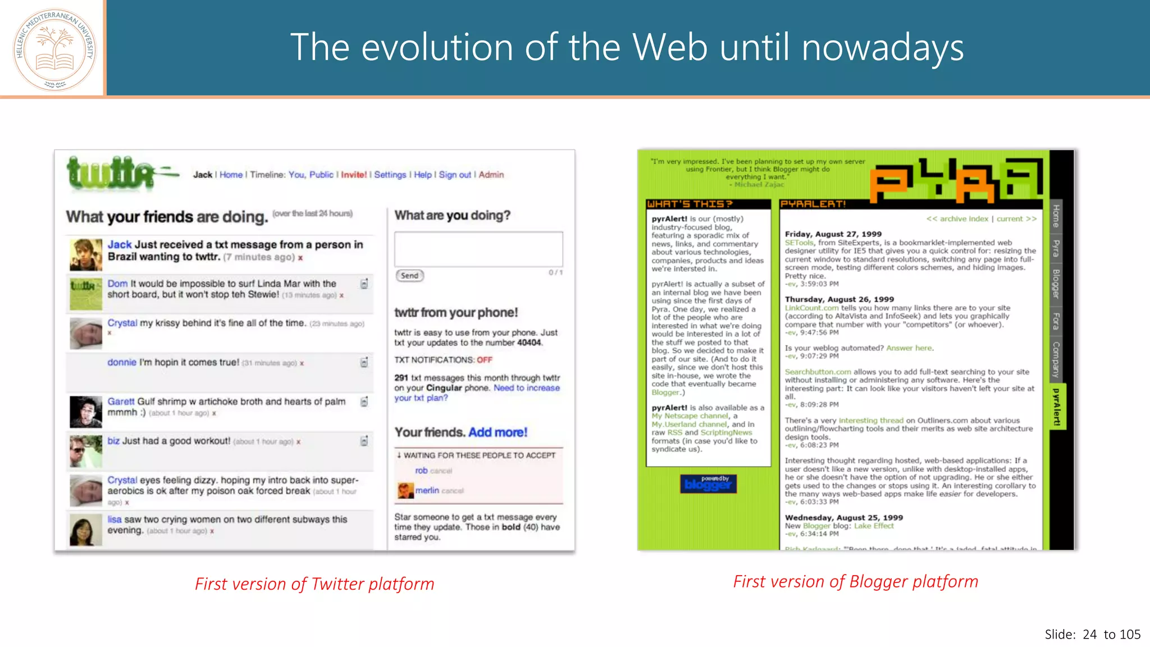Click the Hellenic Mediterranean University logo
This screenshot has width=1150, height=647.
coord(54,49)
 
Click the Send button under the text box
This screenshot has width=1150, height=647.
coord(409,276)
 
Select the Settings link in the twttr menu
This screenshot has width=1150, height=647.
coord(390,175)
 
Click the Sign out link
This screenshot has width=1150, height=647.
coord(455,175)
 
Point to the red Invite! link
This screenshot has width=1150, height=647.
coord(354,175)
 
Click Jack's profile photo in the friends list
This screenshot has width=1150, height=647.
coord(86,254)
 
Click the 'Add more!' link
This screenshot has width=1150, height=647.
coord(498,432)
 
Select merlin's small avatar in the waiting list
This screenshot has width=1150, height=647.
coord(405,491)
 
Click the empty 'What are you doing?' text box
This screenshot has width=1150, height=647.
coord(478,249)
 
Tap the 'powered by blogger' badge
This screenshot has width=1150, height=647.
coord(708,484)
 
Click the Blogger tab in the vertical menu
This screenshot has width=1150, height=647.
coord(1056,284)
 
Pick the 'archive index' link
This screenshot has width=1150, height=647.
coord(964,219)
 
